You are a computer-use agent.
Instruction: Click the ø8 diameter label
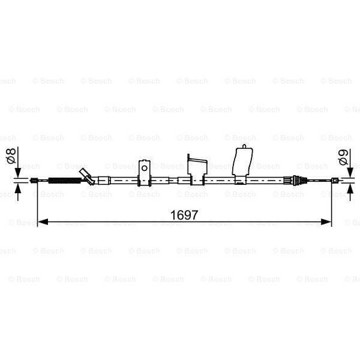[x=10, y=158]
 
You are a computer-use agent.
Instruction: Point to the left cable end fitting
[x=35, y=179]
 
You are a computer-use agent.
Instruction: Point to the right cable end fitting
[x=334, y=179]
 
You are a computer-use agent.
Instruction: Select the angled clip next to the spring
[x=88, y=177]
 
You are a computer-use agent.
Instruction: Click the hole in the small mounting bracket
[x=144, y=167]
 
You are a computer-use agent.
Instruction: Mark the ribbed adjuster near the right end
[x=293, y=179]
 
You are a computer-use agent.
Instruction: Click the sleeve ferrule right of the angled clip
[x=104, y=179]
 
